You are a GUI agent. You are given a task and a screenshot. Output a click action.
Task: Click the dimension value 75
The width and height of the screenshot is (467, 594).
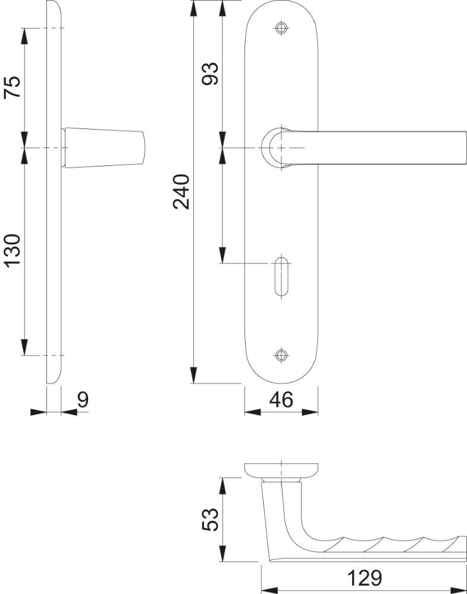(12, 87)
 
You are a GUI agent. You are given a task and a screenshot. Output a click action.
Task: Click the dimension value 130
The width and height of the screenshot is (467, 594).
(12, 251)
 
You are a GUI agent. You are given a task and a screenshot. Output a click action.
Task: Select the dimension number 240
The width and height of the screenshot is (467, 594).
(181, 191)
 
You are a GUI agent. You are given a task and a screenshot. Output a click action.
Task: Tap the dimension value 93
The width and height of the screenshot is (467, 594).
(209, 74)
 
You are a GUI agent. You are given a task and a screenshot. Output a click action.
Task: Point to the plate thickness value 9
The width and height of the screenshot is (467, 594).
(83, 400)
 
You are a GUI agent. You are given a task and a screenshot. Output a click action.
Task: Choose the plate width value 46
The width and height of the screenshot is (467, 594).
(281, 400)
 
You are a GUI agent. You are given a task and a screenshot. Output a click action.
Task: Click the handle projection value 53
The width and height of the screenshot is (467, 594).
(210, 519)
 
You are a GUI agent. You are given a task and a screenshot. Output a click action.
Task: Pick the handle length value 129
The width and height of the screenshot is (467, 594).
(364, 578)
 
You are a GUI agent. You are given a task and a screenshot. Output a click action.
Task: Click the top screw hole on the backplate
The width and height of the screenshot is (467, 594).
(281, 28)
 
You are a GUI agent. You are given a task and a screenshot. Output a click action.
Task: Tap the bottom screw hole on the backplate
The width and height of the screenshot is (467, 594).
(281, 355)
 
